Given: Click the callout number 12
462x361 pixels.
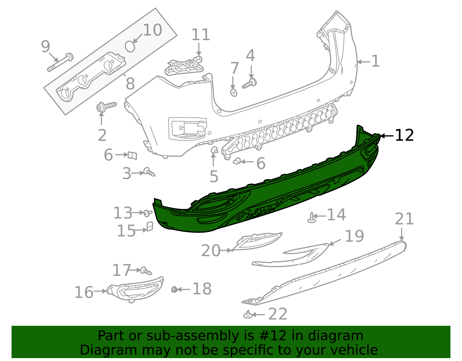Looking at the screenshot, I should click(404, 135).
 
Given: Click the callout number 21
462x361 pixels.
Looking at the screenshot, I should click(404, 219).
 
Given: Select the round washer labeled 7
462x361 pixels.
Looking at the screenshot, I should click(234, 93).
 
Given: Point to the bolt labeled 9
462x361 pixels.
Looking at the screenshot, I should click(60, 62).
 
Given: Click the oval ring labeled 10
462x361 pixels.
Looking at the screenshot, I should click(130, 46).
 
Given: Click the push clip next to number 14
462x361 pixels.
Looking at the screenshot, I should click(312, 218).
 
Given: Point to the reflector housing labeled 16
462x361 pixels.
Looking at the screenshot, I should click(136, 289).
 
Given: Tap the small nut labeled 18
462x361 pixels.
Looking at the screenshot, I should click(174, 289).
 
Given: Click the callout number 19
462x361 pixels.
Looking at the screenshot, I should click(354, 236).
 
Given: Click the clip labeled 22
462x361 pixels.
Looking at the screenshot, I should click(248, 314).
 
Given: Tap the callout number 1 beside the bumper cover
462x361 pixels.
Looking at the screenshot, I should click(375, 61).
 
